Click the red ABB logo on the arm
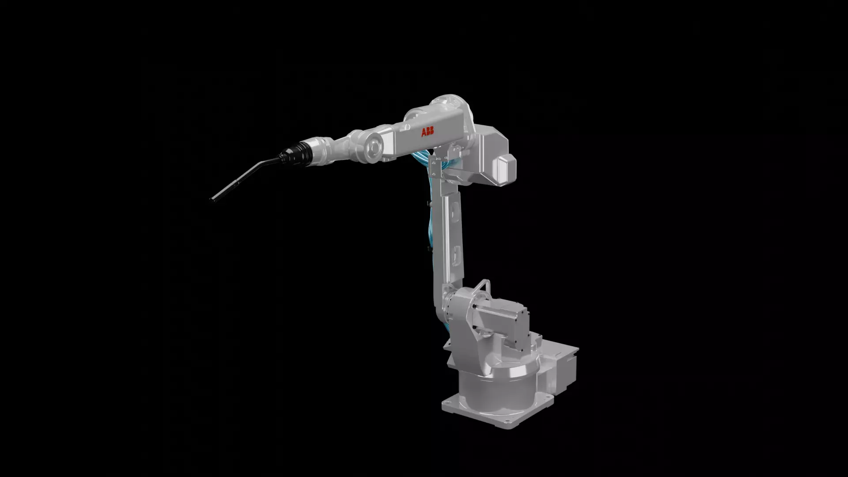[x=428, y=132]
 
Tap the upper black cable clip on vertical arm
[x=429, y=204]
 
